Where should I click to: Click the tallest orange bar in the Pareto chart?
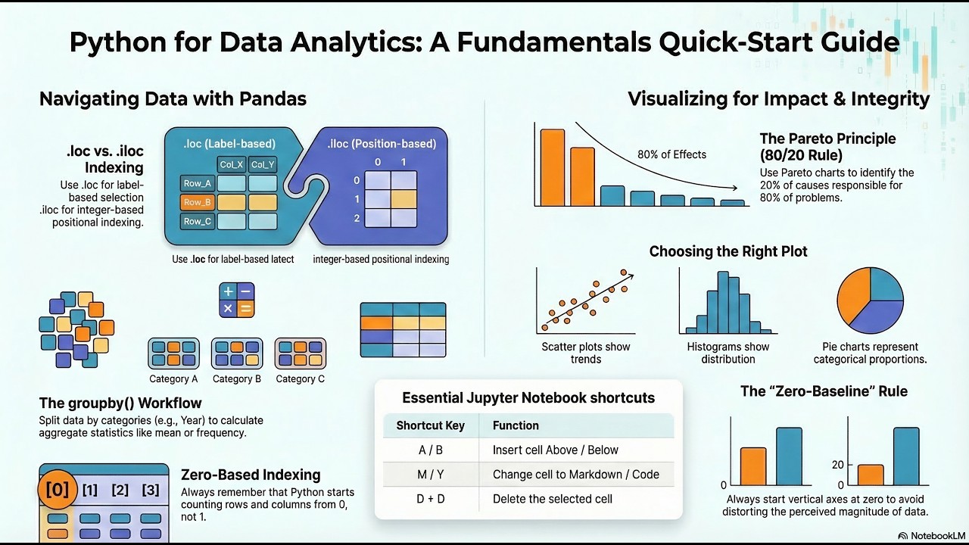(x=552, y=167)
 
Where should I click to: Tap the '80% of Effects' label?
(x=671, y=154)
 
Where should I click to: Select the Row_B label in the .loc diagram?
(x=197, y=202)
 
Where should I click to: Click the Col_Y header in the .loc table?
(x=263, y=164)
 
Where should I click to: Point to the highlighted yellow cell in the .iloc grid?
(x=403, y=199)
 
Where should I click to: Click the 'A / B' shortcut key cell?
(x=429, y=450)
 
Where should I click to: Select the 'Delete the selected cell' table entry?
(x=553, y=499)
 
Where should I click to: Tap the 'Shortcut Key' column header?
(x=430, y=425)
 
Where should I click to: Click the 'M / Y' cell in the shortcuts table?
(x=429, y=475)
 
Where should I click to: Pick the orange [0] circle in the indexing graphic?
(x=58, y=490)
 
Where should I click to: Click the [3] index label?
(x=151, y=490)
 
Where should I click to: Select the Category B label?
(x=237, y=378)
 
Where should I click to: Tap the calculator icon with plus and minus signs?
(x=236, y=300)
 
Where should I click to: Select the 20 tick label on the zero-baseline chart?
(x=837, y=464)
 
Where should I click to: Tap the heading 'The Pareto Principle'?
(x=827, y=139)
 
